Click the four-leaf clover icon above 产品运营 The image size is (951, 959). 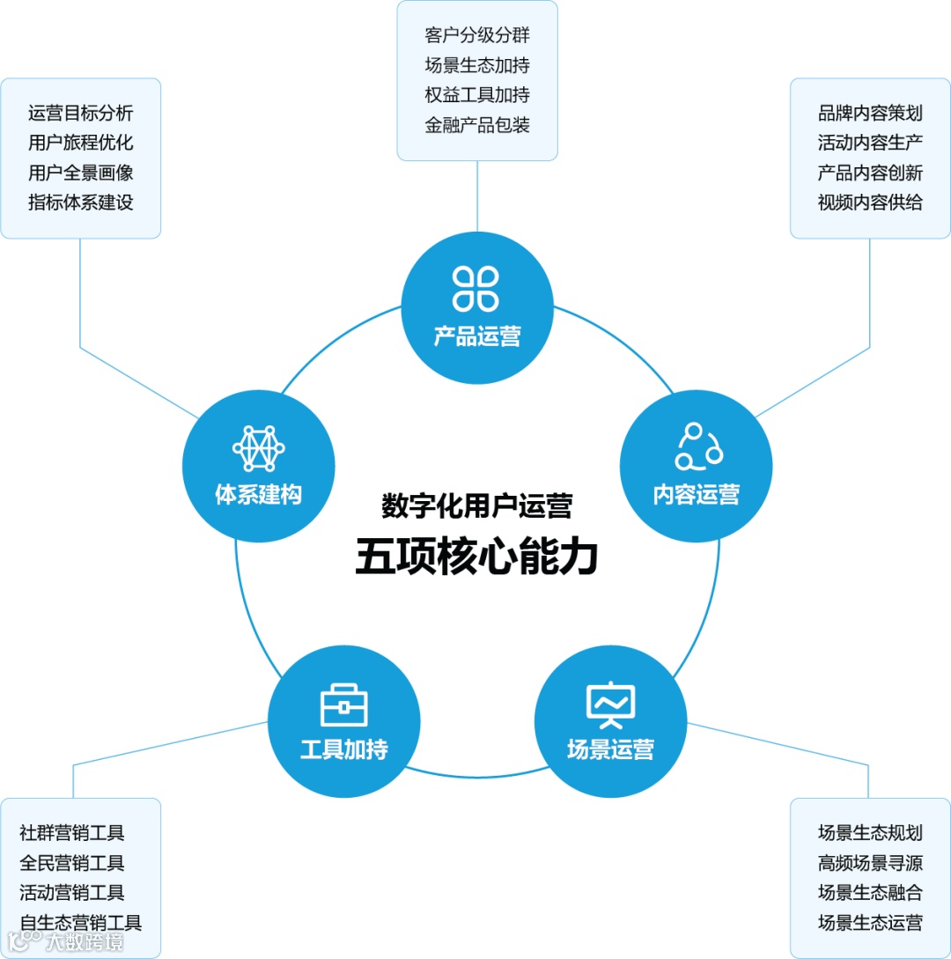point(476,288)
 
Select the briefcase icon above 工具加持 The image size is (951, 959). point(344,705)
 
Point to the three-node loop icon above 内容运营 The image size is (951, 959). point(697,446)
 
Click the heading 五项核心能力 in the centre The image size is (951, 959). point(476,557)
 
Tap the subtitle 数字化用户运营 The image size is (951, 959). point(476,505)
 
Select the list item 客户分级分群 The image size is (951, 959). point(477,35)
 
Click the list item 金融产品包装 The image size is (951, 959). point(477,124)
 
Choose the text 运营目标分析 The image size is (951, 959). point(81,113)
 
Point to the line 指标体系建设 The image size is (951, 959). point(81,202)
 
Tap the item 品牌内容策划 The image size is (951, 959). point(870,113)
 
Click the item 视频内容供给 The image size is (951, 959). point(870,202)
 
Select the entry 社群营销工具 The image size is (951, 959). point(72,832)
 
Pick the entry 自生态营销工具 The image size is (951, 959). point(81,922)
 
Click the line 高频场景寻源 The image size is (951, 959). point(870,862)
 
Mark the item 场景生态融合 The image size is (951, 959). point(870,892)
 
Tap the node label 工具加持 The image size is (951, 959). point(344,750)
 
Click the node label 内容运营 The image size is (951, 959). point(697,494)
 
